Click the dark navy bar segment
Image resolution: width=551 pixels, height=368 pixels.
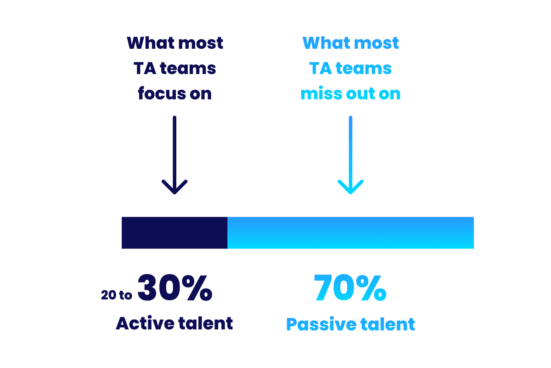[174, 233]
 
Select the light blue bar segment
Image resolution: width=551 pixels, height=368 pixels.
[350, 233]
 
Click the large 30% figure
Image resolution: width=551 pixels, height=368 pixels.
[175, 287]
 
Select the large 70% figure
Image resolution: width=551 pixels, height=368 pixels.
[350, 287]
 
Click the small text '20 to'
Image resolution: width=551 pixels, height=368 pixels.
[116, 295]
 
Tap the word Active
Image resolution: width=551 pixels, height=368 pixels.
[145, 323]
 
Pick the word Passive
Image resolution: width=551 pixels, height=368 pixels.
[321, 324]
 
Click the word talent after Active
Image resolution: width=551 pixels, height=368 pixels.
[206, 323]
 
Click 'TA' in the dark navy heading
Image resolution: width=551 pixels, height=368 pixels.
[145, 68]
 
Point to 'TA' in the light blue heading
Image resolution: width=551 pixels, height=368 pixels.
[321, 68]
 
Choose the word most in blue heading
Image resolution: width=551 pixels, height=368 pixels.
[377, 43]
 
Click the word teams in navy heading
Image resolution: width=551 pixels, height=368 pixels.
[188, 68]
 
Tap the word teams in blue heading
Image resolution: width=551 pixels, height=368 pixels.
[364, 68]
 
